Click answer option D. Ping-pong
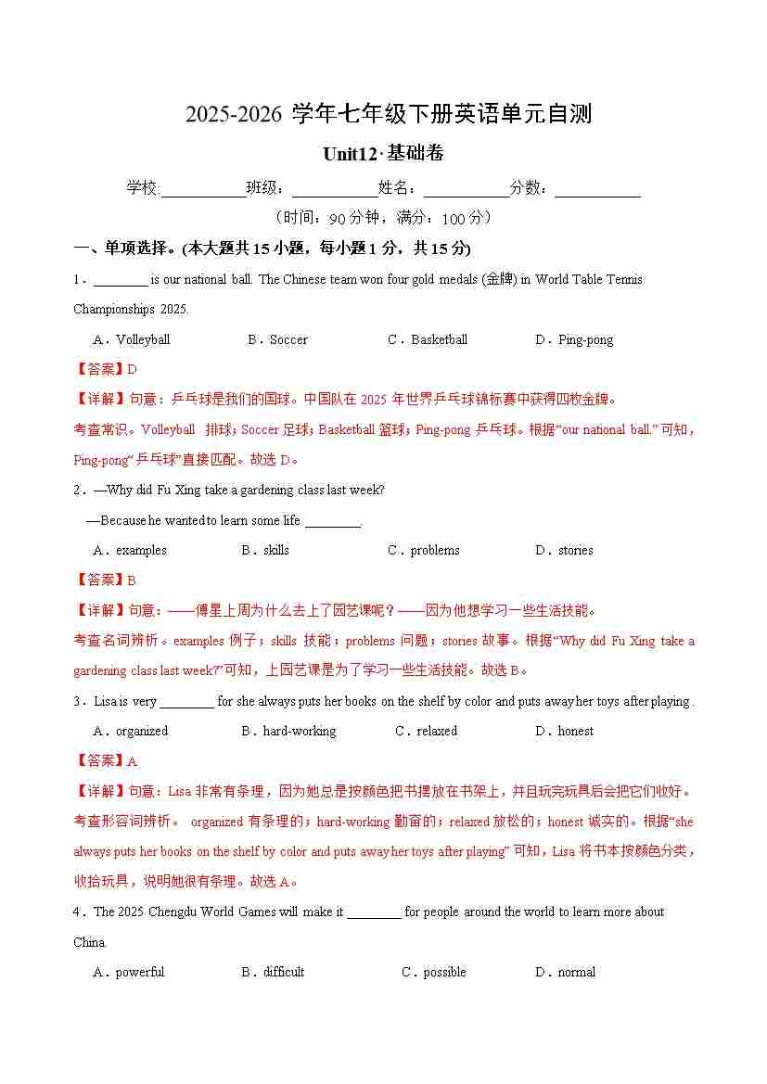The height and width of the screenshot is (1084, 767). pyautogui.click(x=574, y=339)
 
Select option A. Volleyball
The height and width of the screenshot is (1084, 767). pyautogui.click(x=132, y=339)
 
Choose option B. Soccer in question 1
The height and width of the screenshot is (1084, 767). pyautogui.click(x=277, y=339)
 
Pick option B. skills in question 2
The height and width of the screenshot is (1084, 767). pyautogui.click(x=265, y=550)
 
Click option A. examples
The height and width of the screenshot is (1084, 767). pyautogui.click(x=130, y=550)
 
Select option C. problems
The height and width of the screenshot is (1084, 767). pyautogui.click(x=423, y=550)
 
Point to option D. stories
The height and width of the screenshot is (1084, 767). pyautogui.click(x=564, y=550)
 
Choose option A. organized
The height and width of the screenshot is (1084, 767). pyautogui.click(x=131, y=731)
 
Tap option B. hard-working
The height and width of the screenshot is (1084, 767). pyautogui.click(x=288, y=731)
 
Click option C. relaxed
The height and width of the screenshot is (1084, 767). pyautogui.click(x=426, y=731)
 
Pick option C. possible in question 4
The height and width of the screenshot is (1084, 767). pyautogui.click(x=434, y=972)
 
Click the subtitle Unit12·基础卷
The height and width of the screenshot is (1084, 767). pyautogui.click(x=383, y=154)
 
